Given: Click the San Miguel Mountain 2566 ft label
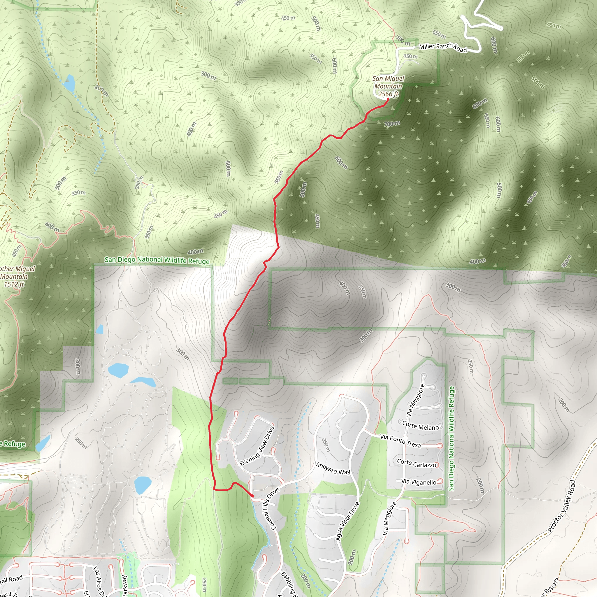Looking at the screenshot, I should tap(388, 87).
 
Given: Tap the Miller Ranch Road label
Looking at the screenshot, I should tap(443, 47).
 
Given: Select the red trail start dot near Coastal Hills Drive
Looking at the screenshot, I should tap(252, 496).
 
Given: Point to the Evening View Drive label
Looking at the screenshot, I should tap(257, 446).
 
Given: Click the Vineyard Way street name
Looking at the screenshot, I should tap(332, 468).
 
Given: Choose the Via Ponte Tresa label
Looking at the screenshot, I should tap(400, 441).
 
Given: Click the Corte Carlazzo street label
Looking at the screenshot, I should tap(417, 463).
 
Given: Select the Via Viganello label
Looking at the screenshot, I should tap(419, 482).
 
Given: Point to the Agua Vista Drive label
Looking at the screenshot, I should tap(348, 521).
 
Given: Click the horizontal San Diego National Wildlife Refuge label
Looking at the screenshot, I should tap(157, 260).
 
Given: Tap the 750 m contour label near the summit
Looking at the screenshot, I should tap(410, 57).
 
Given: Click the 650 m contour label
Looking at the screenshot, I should tap(439, 34).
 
